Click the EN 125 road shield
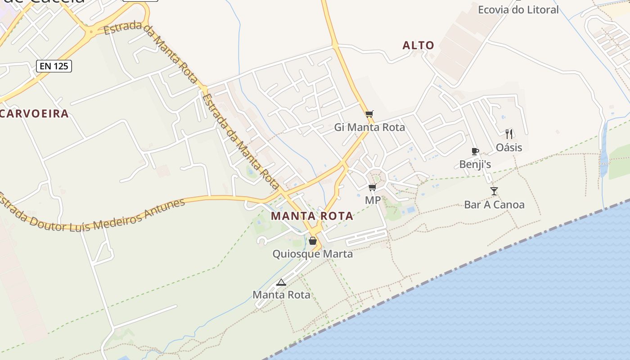[54, 66]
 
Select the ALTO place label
[418, 45]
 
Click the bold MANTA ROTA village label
[312, 216]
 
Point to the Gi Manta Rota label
[369, 127]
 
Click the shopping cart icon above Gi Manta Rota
[369, 114]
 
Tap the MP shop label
[373, 200]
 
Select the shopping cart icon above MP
[372, 187]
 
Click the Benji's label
[475, 164]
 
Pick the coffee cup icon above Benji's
[475, 151]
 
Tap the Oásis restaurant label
[509, 148]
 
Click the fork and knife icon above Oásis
[509, 134]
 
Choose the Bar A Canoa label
[494, 205]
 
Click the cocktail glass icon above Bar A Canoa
[494, 191]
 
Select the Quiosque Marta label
[313, 254]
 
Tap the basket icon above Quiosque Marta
[313, 241]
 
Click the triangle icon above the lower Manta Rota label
[281, 283]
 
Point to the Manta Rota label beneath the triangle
[281, 295]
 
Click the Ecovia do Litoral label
[518, 9]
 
